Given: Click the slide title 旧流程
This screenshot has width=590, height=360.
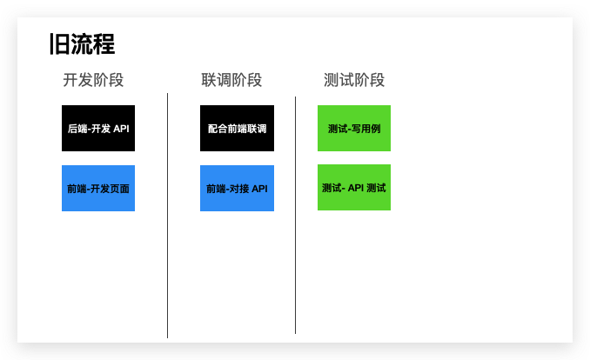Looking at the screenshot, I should (83, 44).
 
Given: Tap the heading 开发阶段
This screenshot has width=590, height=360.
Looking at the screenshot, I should (93, 80).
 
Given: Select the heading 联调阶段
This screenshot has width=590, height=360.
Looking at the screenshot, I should (231, 80).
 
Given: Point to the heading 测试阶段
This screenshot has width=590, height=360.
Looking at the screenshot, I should (354, 80).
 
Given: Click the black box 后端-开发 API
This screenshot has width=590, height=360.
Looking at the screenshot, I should (98, 129).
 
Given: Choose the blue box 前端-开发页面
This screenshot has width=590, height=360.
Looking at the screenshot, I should (98, 188).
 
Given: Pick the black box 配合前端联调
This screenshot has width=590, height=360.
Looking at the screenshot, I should (237, 129).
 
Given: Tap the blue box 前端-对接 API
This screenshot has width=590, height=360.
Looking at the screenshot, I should (237, 188).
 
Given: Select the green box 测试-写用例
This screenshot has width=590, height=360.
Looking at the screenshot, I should (354, 129).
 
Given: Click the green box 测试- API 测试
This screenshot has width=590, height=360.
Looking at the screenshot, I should (354, 187).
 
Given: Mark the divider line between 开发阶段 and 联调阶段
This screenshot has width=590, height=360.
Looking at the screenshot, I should (167, 217).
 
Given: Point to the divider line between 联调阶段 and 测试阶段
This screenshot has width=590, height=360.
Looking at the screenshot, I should (295, 217).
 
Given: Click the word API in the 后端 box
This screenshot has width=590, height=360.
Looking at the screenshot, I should (121, 129).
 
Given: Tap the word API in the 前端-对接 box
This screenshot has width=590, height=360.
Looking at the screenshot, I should (259, 188).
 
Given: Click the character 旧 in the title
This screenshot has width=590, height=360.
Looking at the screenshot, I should (60, 44).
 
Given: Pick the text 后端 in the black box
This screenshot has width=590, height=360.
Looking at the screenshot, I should (76, 129).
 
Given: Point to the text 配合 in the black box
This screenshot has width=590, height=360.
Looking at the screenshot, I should (217, 129).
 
